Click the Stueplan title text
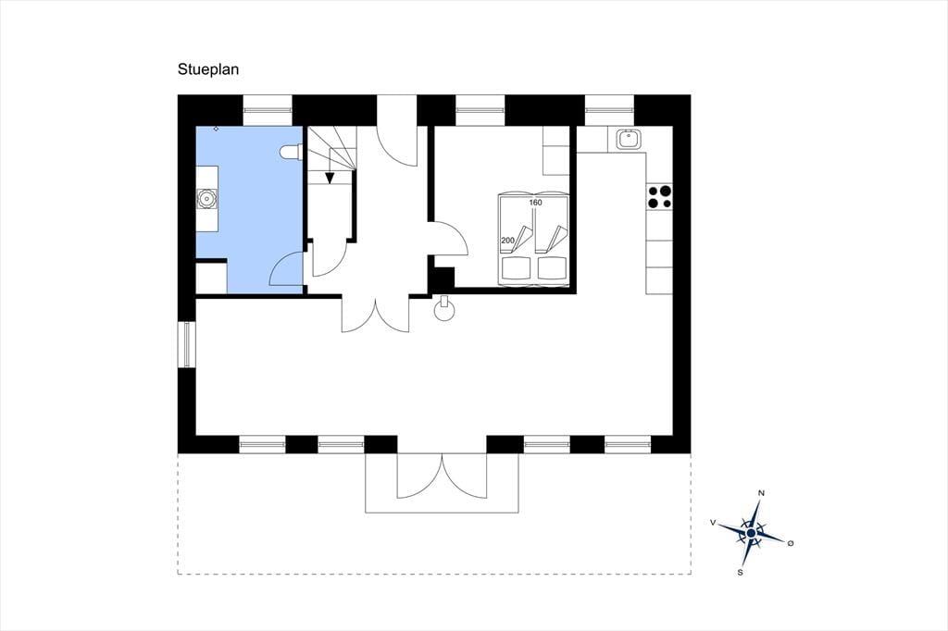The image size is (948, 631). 208,69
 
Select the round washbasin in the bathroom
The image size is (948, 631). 206,198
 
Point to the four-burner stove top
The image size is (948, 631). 659,196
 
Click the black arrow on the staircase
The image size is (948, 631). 330,178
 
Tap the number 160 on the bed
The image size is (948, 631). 536,203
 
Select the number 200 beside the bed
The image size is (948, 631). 508,240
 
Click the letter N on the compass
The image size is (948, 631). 761,493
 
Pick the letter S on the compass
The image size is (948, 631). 740,572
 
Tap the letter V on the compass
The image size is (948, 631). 714,523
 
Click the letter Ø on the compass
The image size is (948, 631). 791,543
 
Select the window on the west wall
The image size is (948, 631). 186,344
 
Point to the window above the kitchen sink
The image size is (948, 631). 609,110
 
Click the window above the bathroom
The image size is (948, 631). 268,110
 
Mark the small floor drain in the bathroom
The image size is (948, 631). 216,129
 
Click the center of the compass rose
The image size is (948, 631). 751,533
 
